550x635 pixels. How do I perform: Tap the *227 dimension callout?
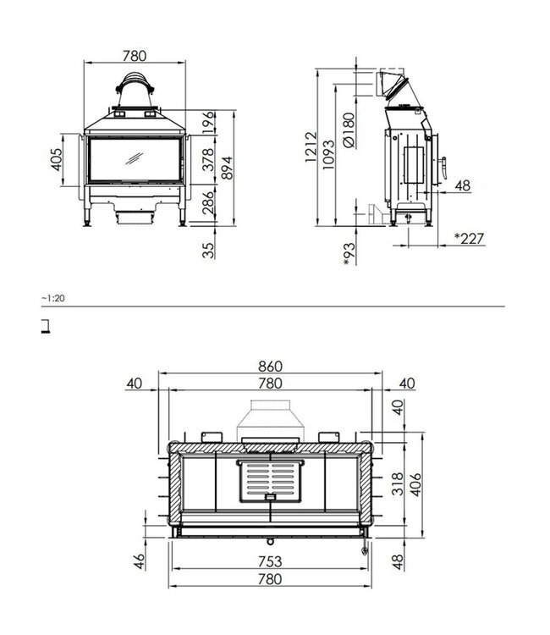pos(469,239)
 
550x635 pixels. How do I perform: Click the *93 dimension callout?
pos(349,252)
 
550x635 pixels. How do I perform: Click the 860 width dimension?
pos(269,367)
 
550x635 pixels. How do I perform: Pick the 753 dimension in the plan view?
pos(269,561)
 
